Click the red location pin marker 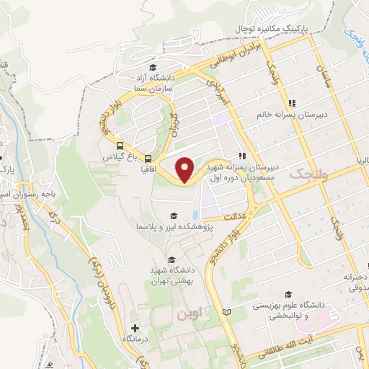186,169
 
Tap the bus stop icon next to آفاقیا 148,158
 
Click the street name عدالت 236,215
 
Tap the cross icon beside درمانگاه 135,328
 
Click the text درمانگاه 135,339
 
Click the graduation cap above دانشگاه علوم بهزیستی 289,294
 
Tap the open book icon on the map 228,312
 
